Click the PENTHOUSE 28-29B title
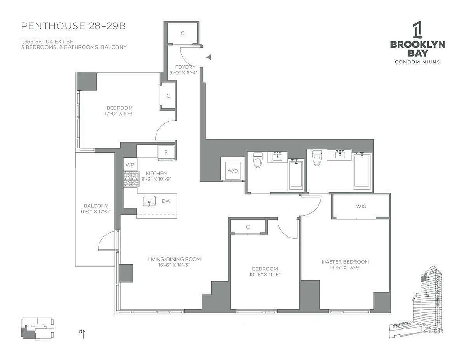73,26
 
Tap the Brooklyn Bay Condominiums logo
417,43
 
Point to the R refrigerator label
166,152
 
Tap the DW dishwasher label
166,201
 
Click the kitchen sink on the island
149,201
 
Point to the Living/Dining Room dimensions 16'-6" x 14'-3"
174,266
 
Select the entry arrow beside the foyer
208,57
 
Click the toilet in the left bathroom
258,160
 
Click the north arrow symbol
83,333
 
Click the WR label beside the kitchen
130,165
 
